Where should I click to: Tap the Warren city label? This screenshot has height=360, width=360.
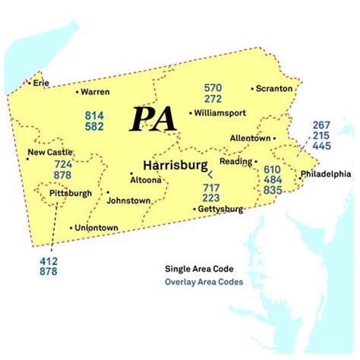(x=95, y=92)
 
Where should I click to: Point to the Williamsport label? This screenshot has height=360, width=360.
(x=220, y=112)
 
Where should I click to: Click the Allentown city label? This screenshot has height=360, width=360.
(x=251, y=138)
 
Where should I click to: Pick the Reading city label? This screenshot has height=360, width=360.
(x=235, y=162)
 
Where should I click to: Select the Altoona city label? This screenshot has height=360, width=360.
(x=146, y=181)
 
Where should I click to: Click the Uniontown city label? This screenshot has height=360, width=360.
(x=96, y=227)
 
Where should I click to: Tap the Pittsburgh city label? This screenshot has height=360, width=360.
(x=70, y=194)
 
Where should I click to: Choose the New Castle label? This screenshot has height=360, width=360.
(x=50, y=152)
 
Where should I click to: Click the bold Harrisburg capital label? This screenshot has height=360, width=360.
(x=174, y=165)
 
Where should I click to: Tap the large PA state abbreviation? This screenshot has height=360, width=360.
(x=153, y=119)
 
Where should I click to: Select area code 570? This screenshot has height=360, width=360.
(x=212, y=87)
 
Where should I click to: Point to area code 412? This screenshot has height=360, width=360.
(x=48, y=261)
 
